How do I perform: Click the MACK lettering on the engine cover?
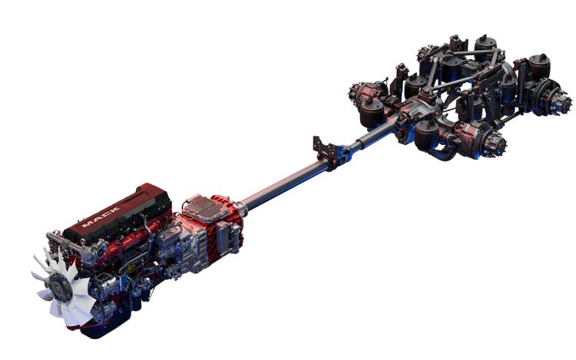(x=101, y=216)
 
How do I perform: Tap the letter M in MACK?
(x=87, y=224)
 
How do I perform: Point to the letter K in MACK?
(x=115, y=210)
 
